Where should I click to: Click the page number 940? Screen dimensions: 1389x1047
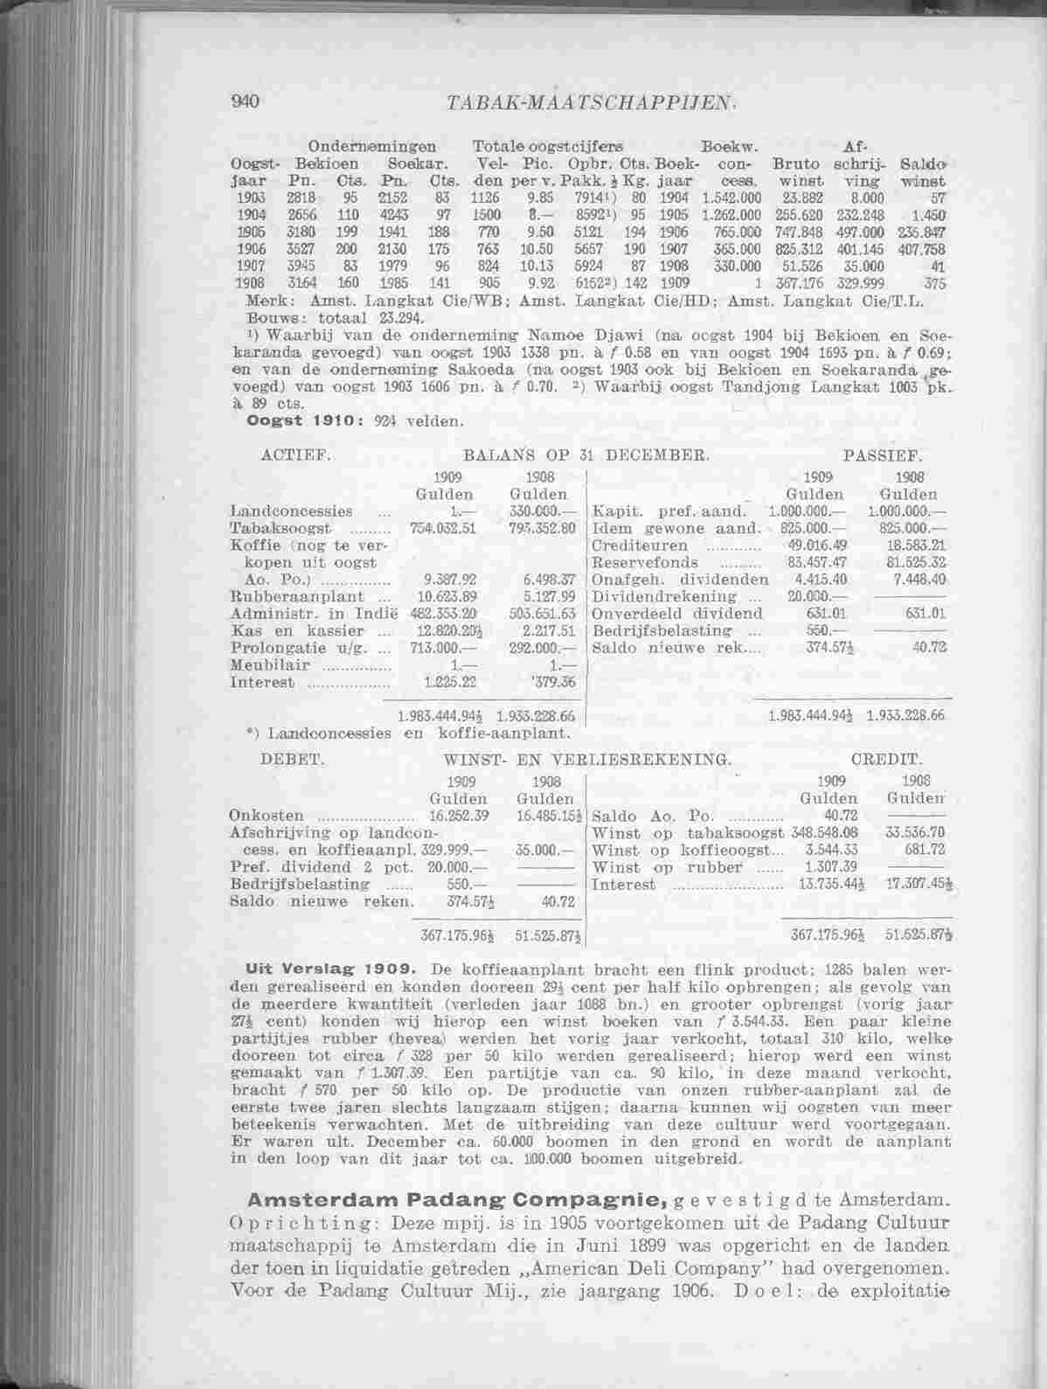242,101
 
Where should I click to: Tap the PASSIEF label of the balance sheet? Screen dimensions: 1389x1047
882,456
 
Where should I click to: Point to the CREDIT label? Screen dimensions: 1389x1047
885,760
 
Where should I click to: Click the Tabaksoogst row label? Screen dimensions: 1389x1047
268,529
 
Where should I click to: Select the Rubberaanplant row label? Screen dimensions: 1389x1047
285,596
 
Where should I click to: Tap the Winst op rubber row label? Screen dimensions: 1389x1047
667,867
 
